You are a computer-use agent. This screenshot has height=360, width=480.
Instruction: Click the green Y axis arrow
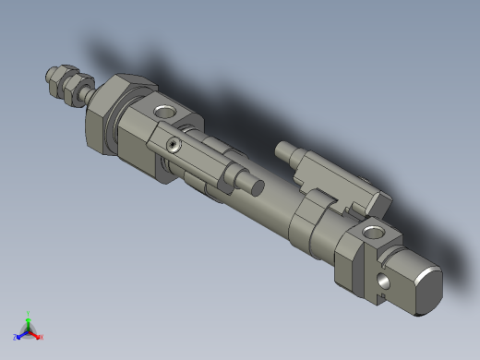point(29,321)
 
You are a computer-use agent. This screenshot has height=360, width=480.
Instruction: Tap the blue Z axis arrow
point(21,333)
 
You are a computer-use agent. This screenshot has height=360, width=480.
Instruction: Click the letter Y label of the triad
point(30,314)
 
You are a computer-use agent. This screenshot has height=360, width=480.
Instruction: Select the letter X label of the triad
point(42,337)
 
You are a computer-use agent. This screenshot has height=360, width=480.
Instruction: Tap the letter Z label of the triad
point(16,336)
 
